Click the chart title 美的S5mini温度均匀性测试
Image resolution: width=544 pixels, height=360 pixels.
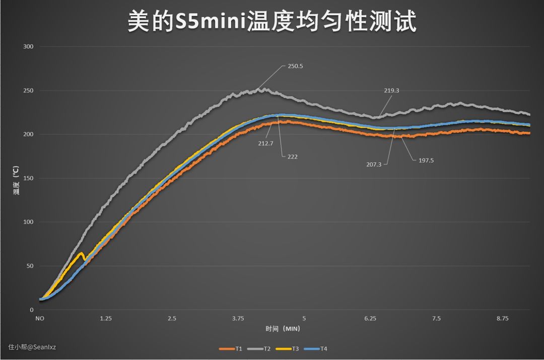[x=272, y=22]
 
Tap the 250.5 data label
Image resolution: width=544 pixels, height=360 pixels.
[x=296, y=66]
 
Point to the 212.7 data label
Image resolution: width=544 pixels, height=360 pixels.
[x=266, y=143]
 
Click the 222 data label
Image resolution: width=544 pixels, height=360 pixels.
[x=293, y=157]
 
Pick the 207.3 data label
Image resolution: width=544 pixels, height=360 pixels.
[x=373, y=164]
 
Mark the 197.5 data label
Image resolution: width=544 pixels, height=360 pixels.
[x=426, y=161]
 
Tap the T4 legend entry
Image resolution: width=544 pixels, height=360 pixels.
[x=323, y=348]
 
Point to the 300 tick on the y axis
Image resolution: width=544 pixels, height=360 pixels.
[x=28, y=47]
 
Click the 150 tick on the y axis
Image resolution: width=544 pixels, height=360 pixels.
[x=28, y=178]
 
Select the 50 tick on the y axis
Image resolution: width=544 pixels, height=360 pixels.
[x=30, y=266]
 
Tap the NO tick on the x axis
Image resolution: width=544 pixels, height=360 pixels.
[x=39, y=319]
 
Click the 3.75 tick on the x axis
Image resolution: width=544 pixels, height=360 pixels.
[x=238, y=319]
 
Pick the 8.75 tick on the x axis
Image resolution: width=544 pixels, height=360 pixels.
[x=502, y=319]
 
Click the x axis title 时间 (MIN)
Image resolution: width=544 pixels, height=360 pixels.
[x=283, y=329]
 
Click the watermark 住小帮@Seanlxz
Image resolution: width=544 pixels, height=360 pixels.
[x=32, y=346]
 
